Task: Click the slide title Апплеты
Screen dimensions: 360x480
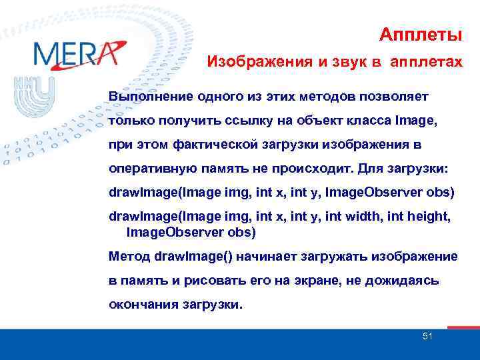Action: [x=421, y=34]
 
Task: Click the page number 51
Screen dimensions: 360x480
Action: [x=427, y=337]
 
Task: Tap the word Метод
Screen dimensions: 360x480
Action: [x=129, y=257]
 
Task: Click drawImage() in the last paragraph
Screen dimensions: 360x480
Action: [x=193, y=257]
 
